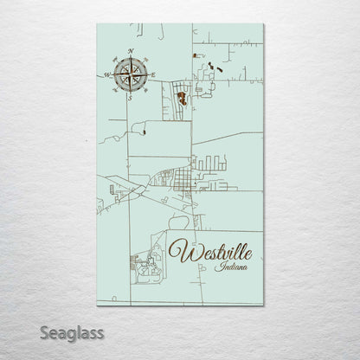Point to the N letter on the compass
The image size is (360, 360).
point(130,52)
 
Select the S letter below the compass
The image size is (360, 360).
point(130,98)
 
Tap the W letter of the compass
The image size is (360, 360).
point(106,75)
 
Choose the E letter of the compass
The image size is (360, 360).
point(153,75)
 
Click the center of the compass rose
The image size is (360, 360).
point(130,75)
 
